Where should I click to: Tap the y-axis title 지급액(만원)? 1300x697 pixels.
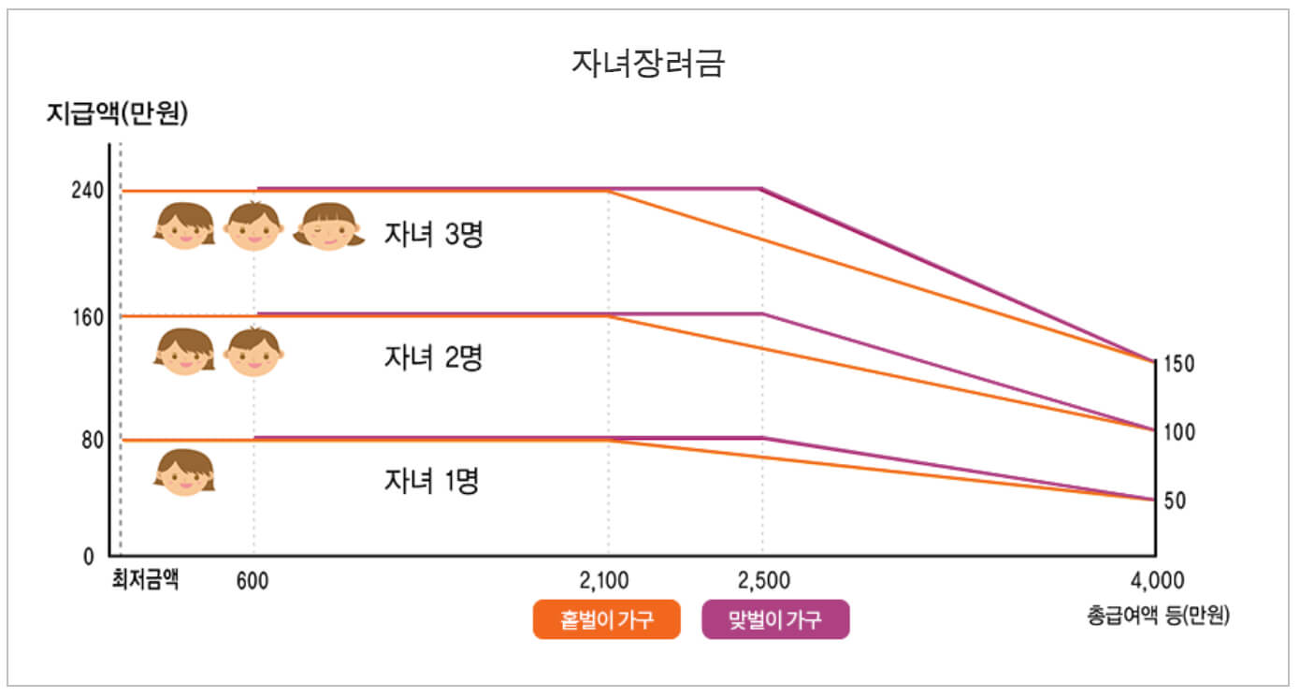tap(117, 114)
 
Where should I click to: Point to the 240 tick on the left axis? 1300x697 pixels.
tap(85, 190)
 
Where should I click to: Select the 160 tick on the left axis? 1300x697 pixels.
tap(85, 316)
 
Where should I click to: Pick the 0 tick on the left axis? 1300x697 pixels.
tap(89, 557)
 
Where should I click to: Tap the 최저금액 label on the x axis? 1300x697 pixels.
tap(145, 579)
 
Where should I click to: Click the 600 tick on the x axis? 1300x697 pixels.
tap(253, 580)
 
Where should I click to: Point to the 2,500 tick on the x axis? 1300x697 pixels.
tap(762, 580)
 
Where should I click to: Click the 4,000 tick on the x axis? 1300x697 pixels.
tap(1157, 580)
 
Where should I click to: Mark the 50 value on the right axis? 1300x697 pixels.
tap(1175, 501)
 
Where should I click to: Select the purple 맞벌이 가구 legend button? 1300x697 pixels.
tap(775, 619)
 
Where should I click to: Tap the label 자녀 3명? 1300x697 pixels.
tap(433, 234)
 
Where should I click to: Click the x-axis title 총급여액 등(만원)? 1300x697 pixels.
tap(1158, 616)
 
